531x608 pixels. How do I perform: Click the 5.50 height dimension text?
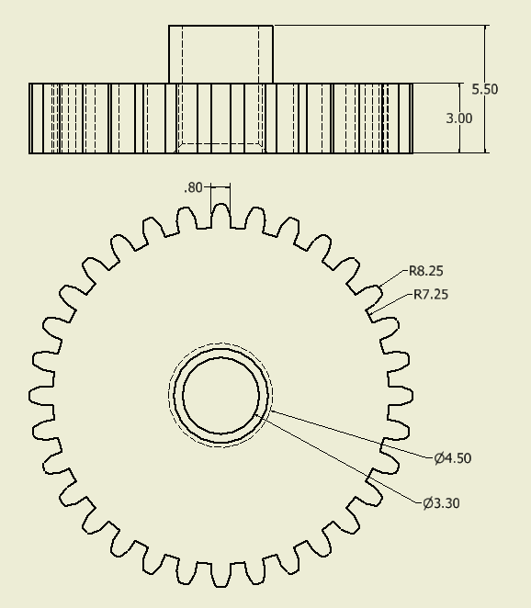click(484, 89)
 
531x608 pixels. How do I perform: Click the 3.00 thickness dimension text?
click(458, 118)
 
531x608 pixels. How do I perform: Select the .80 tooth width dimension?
click(193, 187)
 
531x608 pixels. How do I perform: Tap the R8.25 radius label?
click(427, 271)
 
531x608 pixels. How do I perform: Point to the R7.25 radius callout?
click(431, 295)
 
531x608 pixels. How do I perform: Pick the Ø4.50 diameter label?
click(453, 458)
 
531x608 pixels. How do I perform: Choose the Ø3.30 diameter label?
click(441, 503)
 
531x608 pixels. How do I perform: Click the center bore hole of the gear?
click(220, 397)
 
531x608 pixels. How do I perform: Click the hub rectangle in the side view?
click(220, 53)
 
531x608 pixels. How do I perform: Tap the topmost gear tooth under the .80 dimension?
click(220, 214)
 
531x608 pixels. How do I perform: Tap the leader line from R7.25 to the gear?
click(390, 304)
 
